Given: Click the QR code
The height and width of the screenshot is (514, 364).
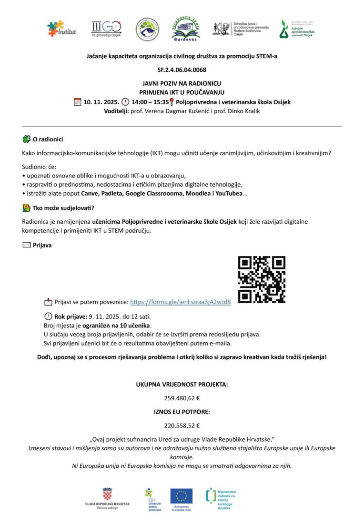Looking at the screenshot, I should [x=262, y=279].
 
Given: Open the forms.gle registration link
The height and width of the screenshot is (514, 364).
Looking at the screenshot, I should [x=181, y=302].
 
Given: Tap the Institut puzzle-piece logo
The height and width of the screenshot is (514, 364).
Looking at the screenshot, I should [x=61, y=29].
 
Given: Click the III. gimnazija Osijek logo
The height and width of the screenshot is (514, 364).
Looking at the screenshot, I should [x=106, y=29].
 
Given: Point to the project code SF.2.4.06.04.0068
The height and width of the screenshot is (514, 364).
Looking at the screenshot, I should [x=182, y=69].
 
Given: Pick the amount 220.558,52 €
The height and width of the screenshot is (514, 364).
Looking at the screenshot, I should [x=182, y=425].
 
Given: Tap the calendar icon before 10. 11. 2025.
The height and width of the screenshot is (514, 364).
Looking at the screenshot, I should [x=78, y=101].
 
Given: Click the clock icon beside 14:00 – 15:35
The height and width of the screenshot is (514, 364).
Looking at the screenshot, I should [x=125, y=101].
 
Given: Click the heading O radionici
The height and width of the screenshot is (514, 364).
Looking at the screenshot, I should [x=48, y=139].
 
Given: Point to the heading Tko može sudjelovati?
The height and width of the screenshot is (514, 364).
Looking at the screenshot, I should [x=63, y=208].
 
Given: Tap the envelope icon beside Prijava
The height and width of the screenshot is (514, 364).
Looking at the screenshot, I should [x=27, y=245].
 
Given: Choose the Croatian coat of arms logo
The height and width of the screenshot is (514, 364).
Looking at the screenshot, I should [x=107, y=494].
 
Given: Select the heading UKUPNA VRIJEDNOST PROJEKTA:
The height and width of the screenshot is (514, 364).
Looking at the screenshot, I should [x=182, y=384].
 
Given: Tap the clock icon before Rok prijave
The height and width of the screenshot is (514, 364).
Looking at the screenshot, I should [x=48, y=316].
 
